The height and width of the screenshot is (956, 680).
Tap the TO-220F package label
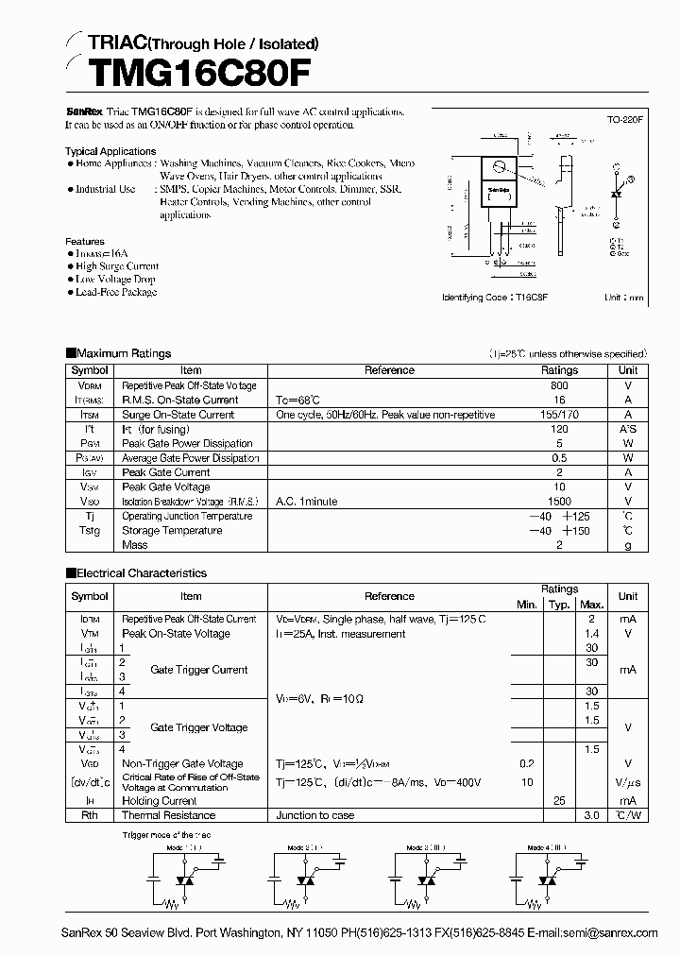pyautogui.click(x=625, y=120)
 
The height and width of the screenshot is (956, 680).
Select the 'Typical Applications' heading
pyautogui.click(x=110, y=151)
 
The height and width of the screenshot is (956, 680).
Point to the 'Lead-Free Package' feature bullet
pyautogui.click(x=116, y=292)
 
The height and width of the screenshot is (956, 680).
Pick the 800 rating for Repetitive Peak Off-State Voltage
pyautogui.click(x=559, y=385)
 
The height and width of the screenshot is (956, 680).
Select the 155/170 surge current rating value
pyautogui.click(x=559, y=414)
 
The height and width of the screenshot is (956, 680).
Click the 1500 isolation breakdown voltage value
pyautogui.click(x=559, y=502)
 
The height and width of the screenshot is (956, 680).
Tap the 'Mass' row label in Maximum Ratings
pyautogui.click(x=135, y=545)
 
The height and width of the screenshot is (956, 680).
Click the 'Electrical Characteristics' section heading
pyautogui.click(x=141, y=572)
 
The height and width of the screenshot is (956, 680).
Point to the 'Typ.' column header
pyautogui.click(x=559, y=604)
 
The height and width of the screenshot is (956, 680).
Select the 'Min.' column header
pyautogui.click(x=526, y=604)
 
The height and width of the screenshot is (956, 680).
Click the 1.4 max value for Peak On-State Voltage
pyautogui.click(x=592, y=634)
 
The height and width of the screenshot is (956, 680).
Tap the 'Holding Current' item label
pyautogui.click(x=159, y=800)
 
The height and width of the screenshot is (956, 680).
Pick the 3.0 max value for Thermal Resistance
pyautogui.click(x=592, y=814)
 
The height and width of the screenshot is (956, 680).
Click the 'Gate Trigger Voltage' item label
pyautogui.click(x=198, y=727)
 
